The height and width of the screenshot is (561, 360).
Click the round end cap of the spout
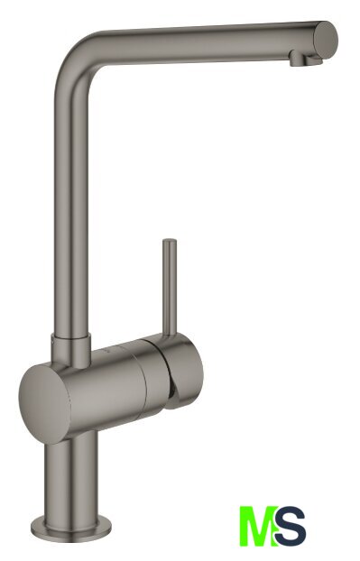[x=326, y=39]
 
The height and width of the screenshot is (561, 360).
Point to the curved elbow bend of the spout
[x=78, y=55]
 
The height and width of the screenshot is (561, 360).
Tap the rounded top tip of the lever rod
[x=170, y=241]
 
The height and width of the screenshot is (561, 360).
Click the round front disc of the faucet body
[x=44, y=404]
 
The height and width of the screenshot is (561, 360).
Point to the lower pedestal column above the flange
[x=71, y=480]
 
